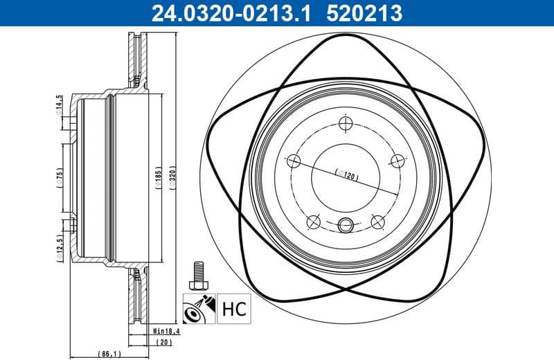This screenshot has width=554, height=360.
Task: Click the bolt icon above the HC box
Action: (198, 276)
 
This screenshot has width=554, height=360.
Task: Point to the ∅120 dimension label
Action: (344, 176)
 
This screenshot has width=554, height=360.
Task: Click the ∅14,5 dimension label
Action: (60, 105)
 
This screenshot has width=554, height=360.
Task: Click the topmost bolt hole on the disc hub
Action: (346, 124)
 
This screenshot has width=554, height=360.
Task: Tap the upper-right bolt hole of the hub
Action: (397, 161)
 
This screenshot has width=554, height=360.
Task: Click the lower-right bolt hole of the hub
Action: (377, 222)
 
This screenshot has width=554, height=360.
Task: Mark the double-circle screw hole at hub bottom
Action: (346, 224)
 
